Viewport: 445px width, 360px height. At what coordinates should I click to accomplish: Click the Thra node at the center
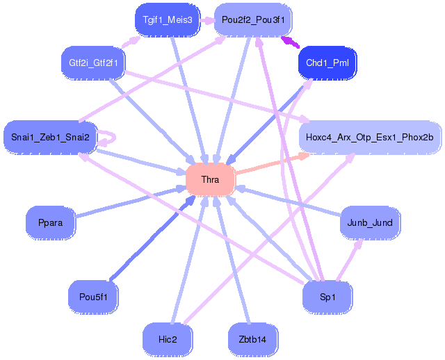tap(210, 180)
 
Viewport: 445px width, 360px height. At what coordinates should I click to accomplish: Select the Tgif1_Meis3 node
tap(168, 19)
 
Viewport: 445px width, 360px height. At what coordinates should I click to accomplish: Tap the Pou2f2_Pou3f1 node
tap(254, 19)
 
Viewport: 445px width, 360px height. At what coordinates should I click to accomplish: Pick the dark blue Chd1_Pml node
tap(327, 63)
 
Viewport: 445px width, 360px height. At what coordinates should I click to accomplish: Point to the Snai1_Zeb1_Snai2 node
tap(50, 136)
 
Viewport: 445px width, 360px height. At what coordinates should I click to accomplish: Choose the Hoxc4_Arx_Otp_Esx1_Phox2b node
tap(369, 136)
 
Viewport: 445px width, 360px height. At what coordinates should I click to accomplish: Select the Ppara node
tap(50, 223)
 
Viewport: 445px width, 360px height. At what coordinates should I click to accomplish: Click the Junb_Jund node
tap(369, 223)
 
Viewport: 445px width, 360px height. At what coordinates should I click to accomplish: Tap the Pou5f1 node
tap(93, 297)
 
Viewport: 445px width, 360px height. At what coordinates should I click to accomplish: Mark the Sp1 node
tap(327, 297)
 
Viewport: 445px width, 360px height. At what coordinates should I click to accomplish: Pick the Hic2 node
tap(168, 339)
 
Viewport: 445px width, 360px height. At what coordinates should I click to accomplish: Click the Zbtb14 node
tap(252, 339)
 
